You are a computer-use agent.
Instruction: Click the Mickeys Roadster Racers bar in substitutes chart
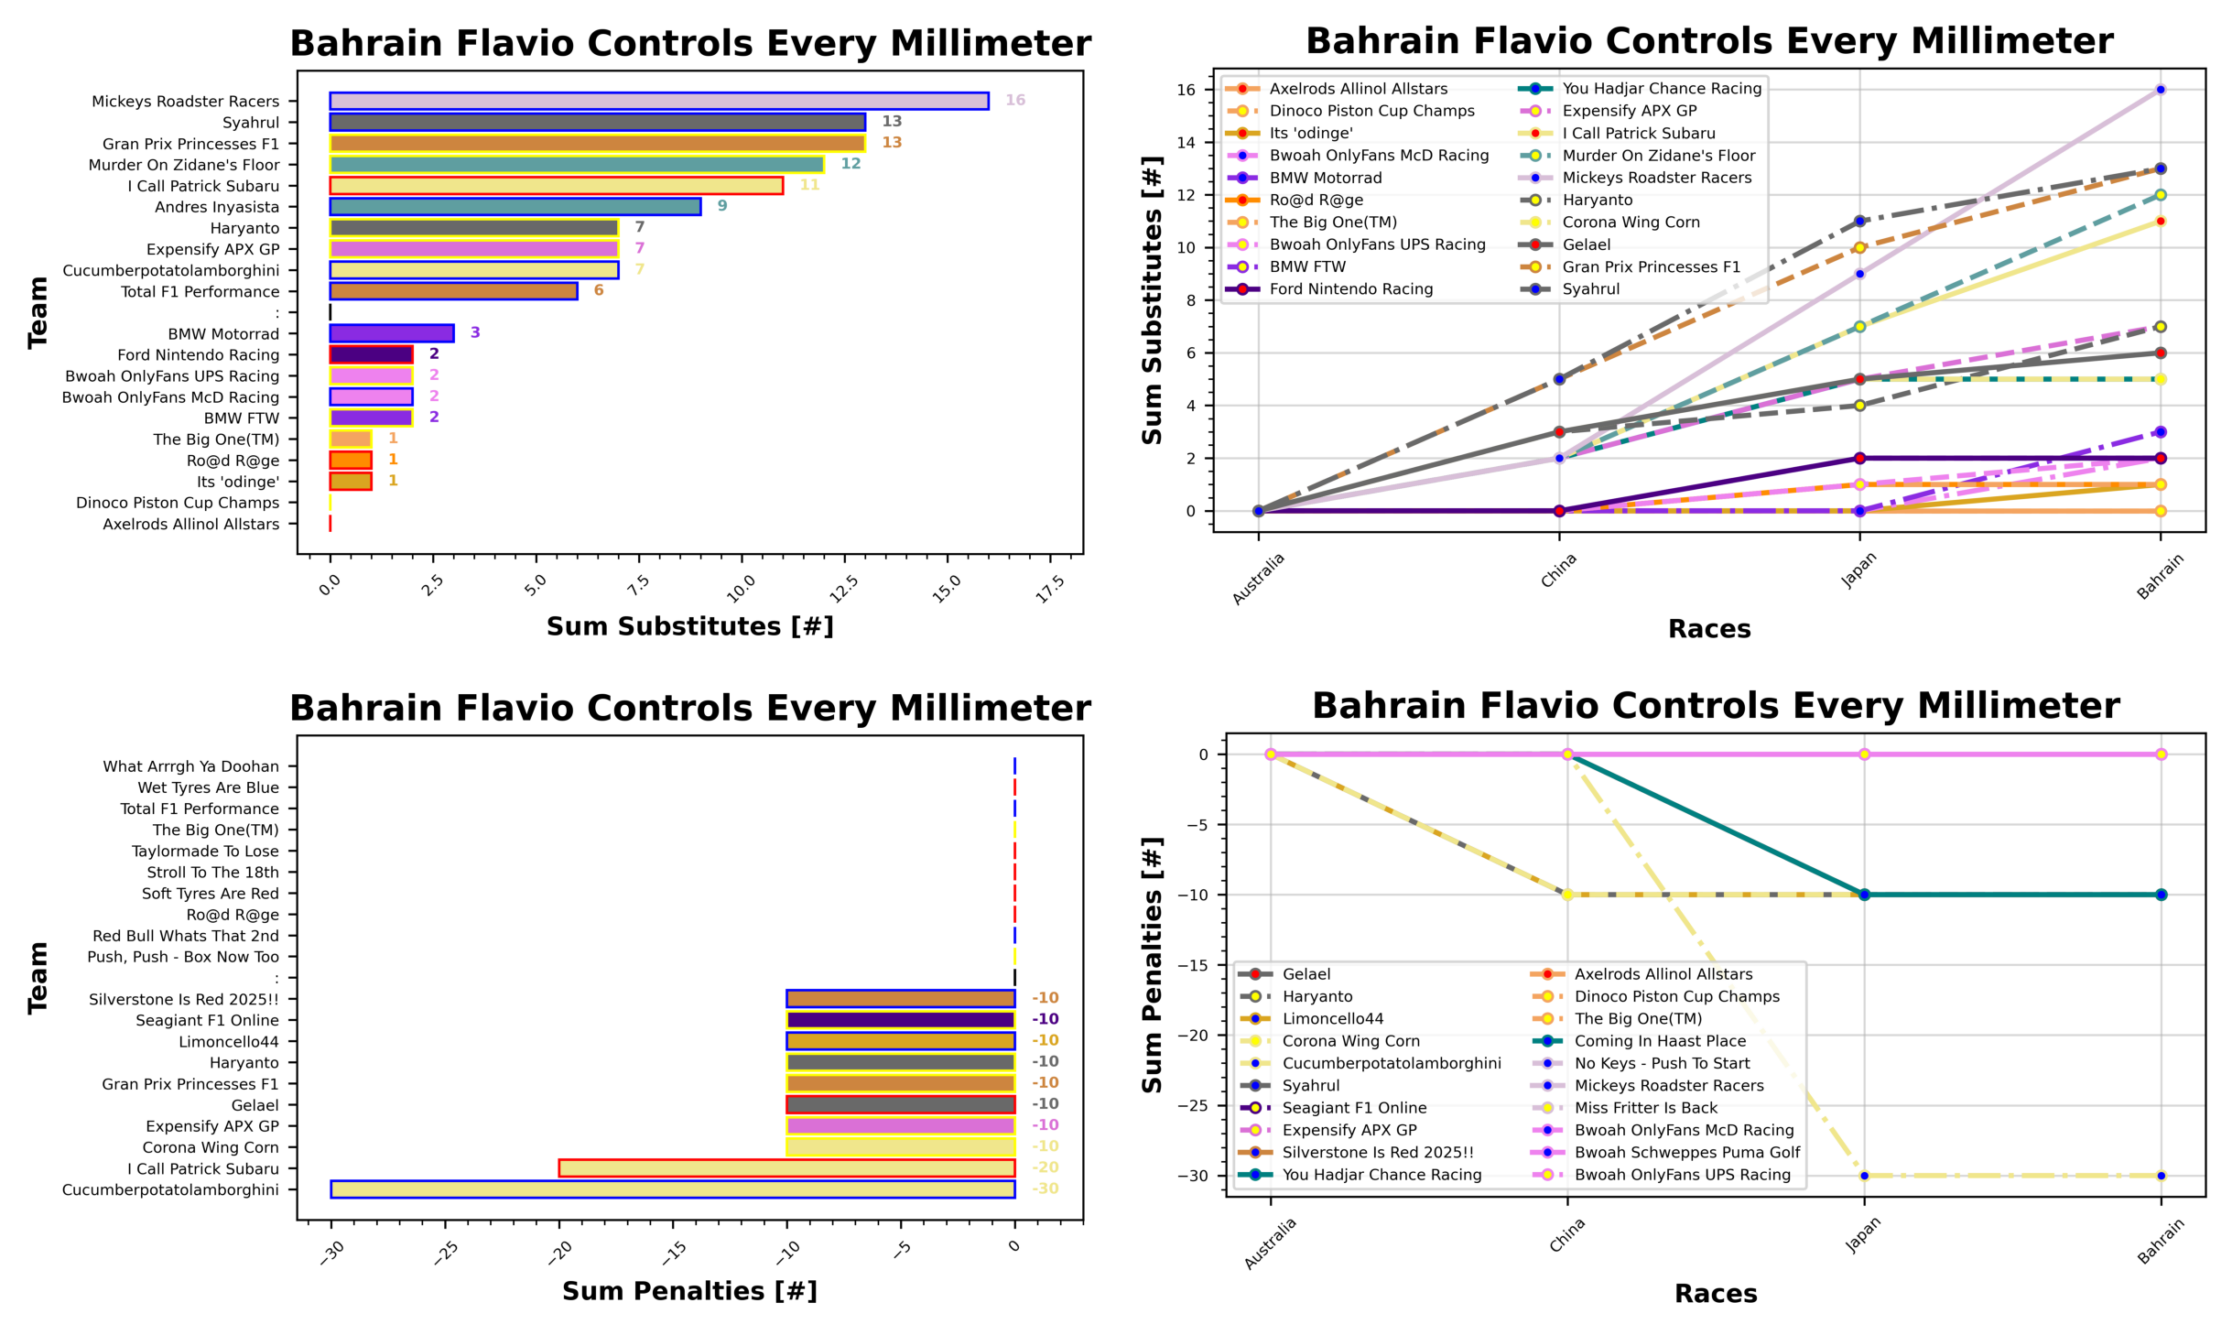658,101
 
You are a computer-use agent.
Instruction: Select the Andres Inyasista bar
515,207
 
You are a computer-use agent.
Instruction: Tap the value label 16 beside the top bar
1014,100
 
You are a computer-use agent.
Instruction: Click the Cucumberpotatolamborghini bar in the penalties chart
672,1188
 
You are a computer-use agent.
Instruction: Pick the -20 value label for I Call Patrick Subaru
1045,1167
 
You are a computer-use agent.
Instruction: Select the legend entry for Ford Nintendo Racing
1350,289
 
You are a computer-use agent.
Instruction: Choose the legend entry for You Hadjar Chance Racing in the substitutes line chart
1661,89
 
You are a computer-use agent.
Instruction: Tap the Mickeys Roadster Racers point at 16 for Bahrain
2160,90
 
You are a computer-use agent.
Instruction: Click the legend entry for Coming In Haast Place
1659,1041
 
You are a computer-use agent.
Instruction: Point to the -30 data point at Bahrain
2161,1176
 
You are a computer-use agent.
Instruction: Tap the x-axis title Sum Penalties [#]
689,1291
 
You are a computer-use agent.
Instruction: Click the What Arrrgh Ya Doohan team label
190,766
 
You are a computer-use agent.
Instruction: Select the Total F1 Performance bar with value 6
453,291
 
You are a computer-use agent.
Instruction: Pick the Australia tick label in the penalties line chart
1270,1243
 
